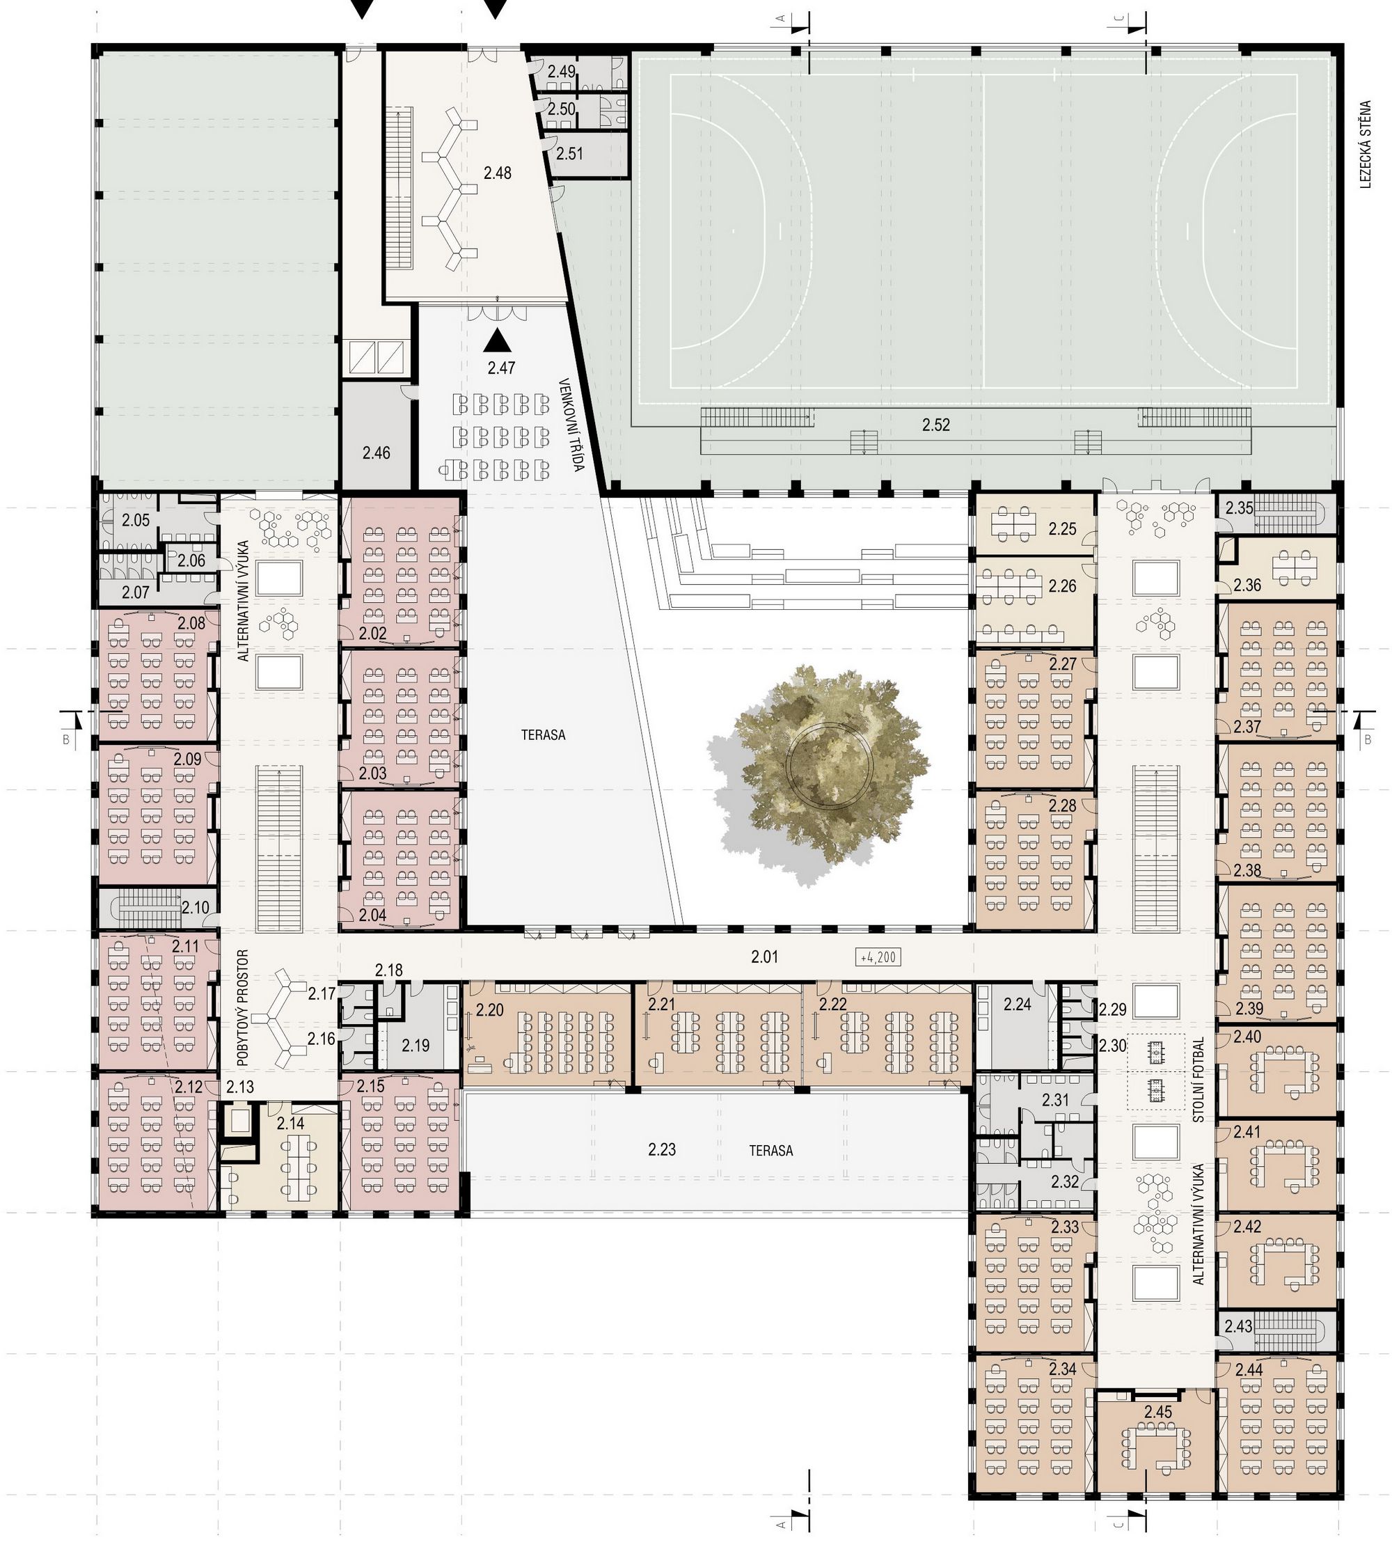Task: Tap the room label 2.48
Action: [497, 173]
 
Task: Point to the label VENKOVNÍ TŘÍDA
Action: [571, 425]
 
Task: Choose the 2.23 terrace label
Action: [662, 1149]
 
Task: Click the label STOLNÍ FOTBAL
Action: [1199, 1080]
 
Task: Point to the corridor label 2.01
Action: [764, 957]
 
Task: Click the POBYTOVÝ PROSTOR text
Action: [243, 1008]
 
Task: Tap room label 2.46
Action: [377, 453]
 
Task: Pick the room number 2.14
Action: [291, 1124]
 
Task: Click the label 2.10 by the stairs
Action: [196, 908]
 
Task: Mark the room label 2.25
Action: [1062, 528]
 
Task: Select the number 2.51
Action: [569, 154]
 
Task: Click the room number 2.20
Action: [489, 1010]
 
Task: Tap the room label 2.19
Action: [416, 1046]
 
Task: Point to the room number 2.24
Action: [1018, 1005]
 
